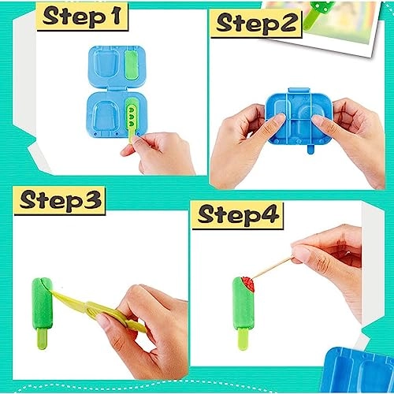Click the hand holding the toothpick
[331, 256]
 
